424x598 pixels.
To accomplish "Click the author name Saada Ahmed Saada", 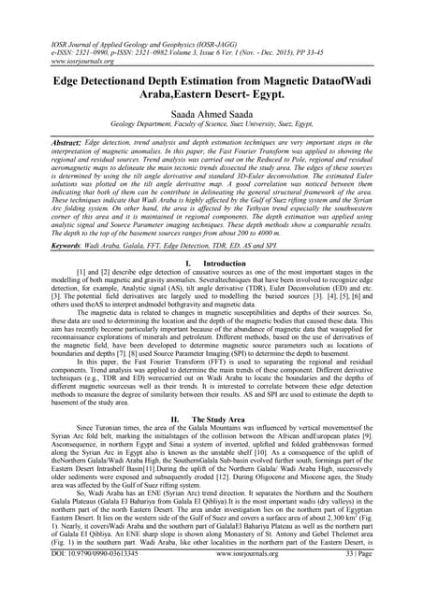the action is tap(212, 111).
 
